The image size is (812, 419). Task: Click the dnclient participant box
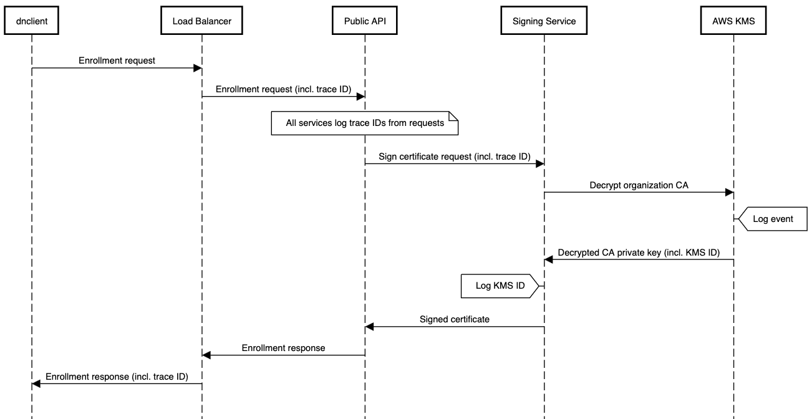pos(32,21)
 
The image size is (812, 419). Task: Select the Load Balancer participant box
pos(201,21)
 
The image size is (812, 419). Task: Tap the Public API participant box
pos(365,21)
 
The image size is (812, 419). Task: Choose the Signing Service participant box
pos(544,21)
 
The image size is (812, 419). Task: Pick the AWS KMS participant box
pos(733,21)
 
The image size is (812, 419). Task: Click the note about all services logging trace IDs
pos(365,123)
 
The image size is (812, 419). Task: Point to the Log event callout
pos(773,219)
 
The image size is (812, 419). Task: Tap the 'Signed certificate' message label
pos(454,319)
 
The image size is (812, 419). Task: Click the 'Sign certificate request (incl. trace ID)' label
pos(454,157)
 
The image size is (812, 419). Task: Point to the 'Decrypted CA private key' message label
pos(639,253)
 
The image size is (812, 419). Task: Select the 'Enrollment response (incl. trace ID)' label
pos(117,377)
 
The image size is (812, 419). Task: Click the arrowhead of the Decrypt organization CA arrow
pos(729,193)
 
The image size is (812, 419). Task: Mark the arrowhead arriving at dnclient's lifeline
pos(36,384)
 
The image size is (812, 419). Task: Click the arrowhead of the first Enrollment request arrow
pos(197,68)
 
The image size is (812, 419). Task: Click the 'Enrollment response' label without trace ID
pos(283,348)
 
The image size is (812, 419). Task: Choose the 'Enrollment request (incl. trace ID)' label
pos(283,89)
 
